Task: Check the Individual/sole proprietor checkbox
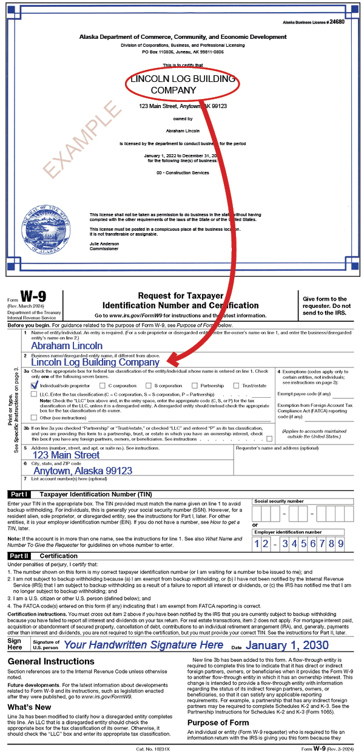(x=35, y=386)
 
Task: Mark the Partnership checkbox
(x=195, y=386)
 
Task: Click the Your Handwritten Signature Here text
(x=144, y=644)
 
